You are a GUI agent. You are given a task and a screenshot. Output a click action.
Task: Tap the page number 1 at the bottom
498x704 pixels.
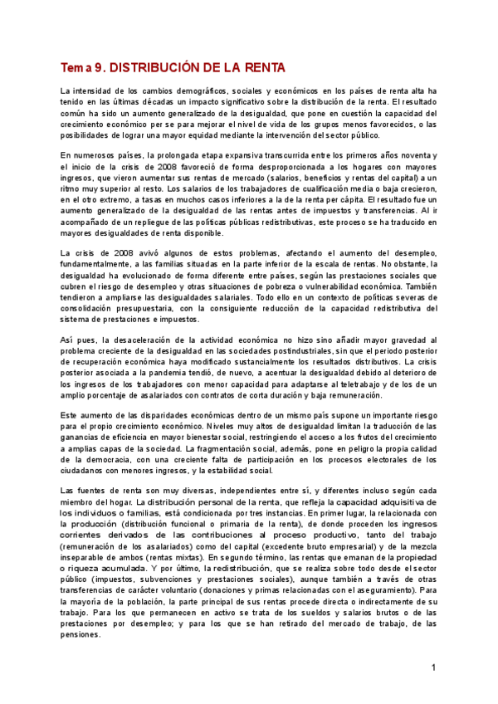[x=433, y=668]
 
